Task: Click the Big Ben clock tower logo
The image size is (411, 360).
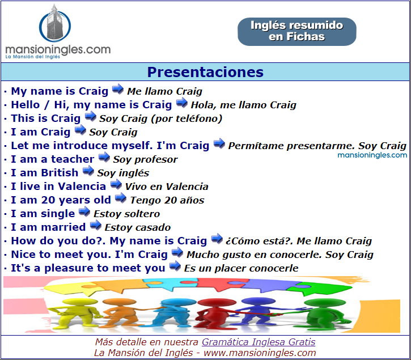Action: tap(55, 24)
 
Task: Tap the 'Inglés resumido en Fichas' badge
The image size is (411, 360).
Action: tap(296, 31)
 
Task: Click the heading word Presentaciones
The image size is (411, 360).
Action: tap(205, 72)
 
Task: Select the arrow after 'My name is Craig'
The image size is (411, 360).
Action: tap(118, 89)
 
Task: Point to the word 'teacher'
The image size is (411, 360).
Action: tap(73, 159)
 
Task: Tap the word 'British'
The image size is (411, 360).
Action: tap(60, 173)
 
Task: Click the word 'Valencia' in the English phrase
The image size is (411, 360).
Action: tap(82, 187)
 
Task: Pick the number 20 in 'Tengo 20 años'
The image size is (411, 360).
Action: tap(172, 200)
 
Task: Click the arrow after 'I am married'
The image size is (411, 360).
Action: tap(96, 225)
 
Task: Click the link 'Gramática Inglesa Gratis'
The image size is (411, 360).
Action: tap(259, 342)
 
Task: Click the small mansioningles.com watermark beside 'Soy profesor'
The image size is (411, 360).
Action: tap(372, 155)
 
